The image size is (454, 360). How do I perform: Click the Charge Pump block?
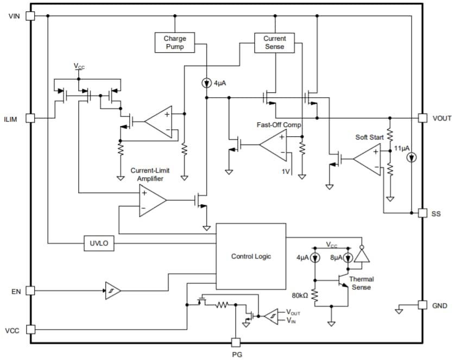tap(175, 42)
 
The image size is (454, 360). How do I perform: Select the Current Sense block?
tap(274, 42)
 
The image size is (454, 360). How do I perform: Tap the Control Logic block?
tap(250, 256)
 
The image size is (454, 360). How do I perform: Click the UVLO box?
tap(99, 244)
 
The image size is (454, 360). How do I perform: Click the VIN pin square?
tap(30, 16)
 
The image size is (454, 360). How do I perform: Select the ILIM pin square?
tap(30, 118)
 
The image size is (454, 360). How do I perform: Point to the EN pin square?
tap(30, 290)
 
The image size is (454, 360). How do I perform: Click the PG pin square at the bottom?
tap(235, 342)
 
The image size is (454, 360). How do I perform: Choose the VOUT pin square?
tap(423, 118)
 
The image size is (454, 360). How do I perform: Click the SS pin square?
tap(423, 213)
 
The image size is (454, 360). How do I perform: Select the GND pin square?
tap(423, 305)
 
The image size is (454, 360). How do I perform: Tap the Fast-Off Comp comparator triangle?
tap(273, 144)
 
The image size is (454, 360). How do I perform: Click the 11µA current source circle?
tap(412, 158)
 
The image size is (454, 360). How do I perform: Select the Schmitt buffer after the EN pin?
tap(113, 290)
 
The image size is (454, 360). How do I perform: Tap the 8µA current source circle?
tap(348, 257)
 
